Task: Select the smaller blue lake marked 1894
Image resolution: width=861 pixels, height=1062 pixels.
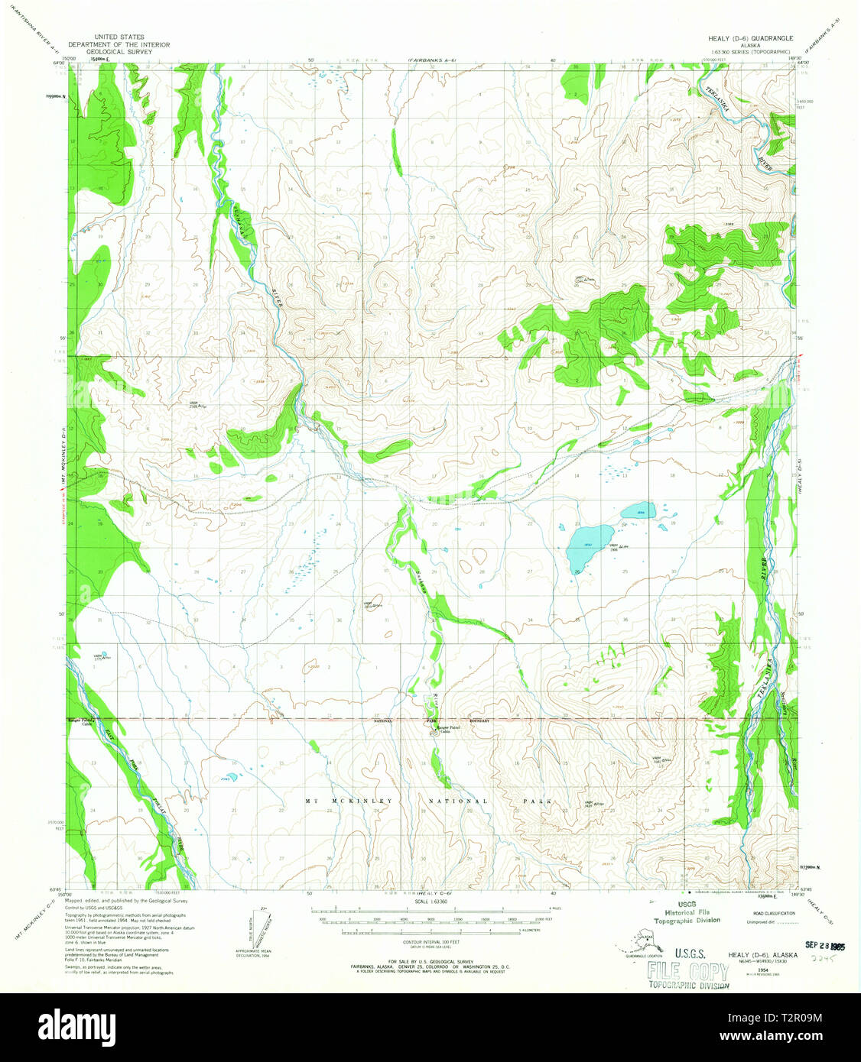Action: pyautogui.click(x=637, y=510)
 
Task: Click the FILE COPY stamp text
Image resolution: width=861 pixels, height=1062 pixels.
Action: pyautogui.click(x=687, y=973)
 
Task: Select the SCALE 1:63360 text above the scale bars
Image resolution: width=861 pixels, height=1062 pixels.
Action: pyautogui.click(x=425, y=902)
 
